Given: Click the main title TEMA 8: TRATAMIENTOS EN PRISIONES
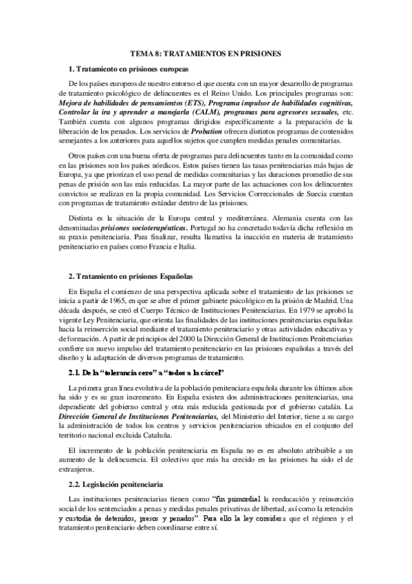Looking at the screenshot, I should point(206,53).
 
